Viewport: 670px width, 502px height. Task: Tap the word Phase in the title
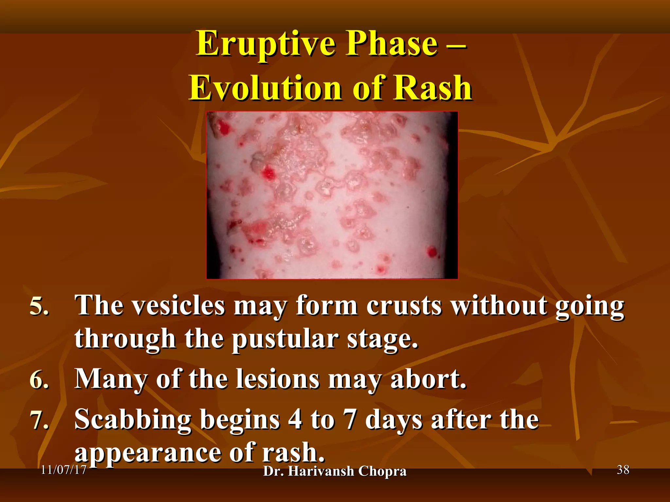(392, 43)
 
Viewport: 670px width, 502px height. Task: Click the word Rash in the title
(432, 88)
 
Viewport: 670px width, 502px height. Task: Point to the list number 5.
(39, 307)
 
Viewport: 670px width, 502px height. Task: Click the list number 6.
(39, 380)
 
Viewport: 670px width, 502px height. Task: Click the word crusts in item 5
(404, 306)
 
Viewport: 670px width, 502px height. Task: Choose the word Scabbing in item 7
(132, 420)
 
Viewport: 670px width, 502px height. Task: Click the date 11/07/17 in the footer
(64, 470)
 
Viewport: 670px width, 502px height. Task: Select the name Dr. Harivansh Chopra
(335, 471)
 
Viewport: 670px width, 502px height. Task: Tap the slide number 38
(623, 470)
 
